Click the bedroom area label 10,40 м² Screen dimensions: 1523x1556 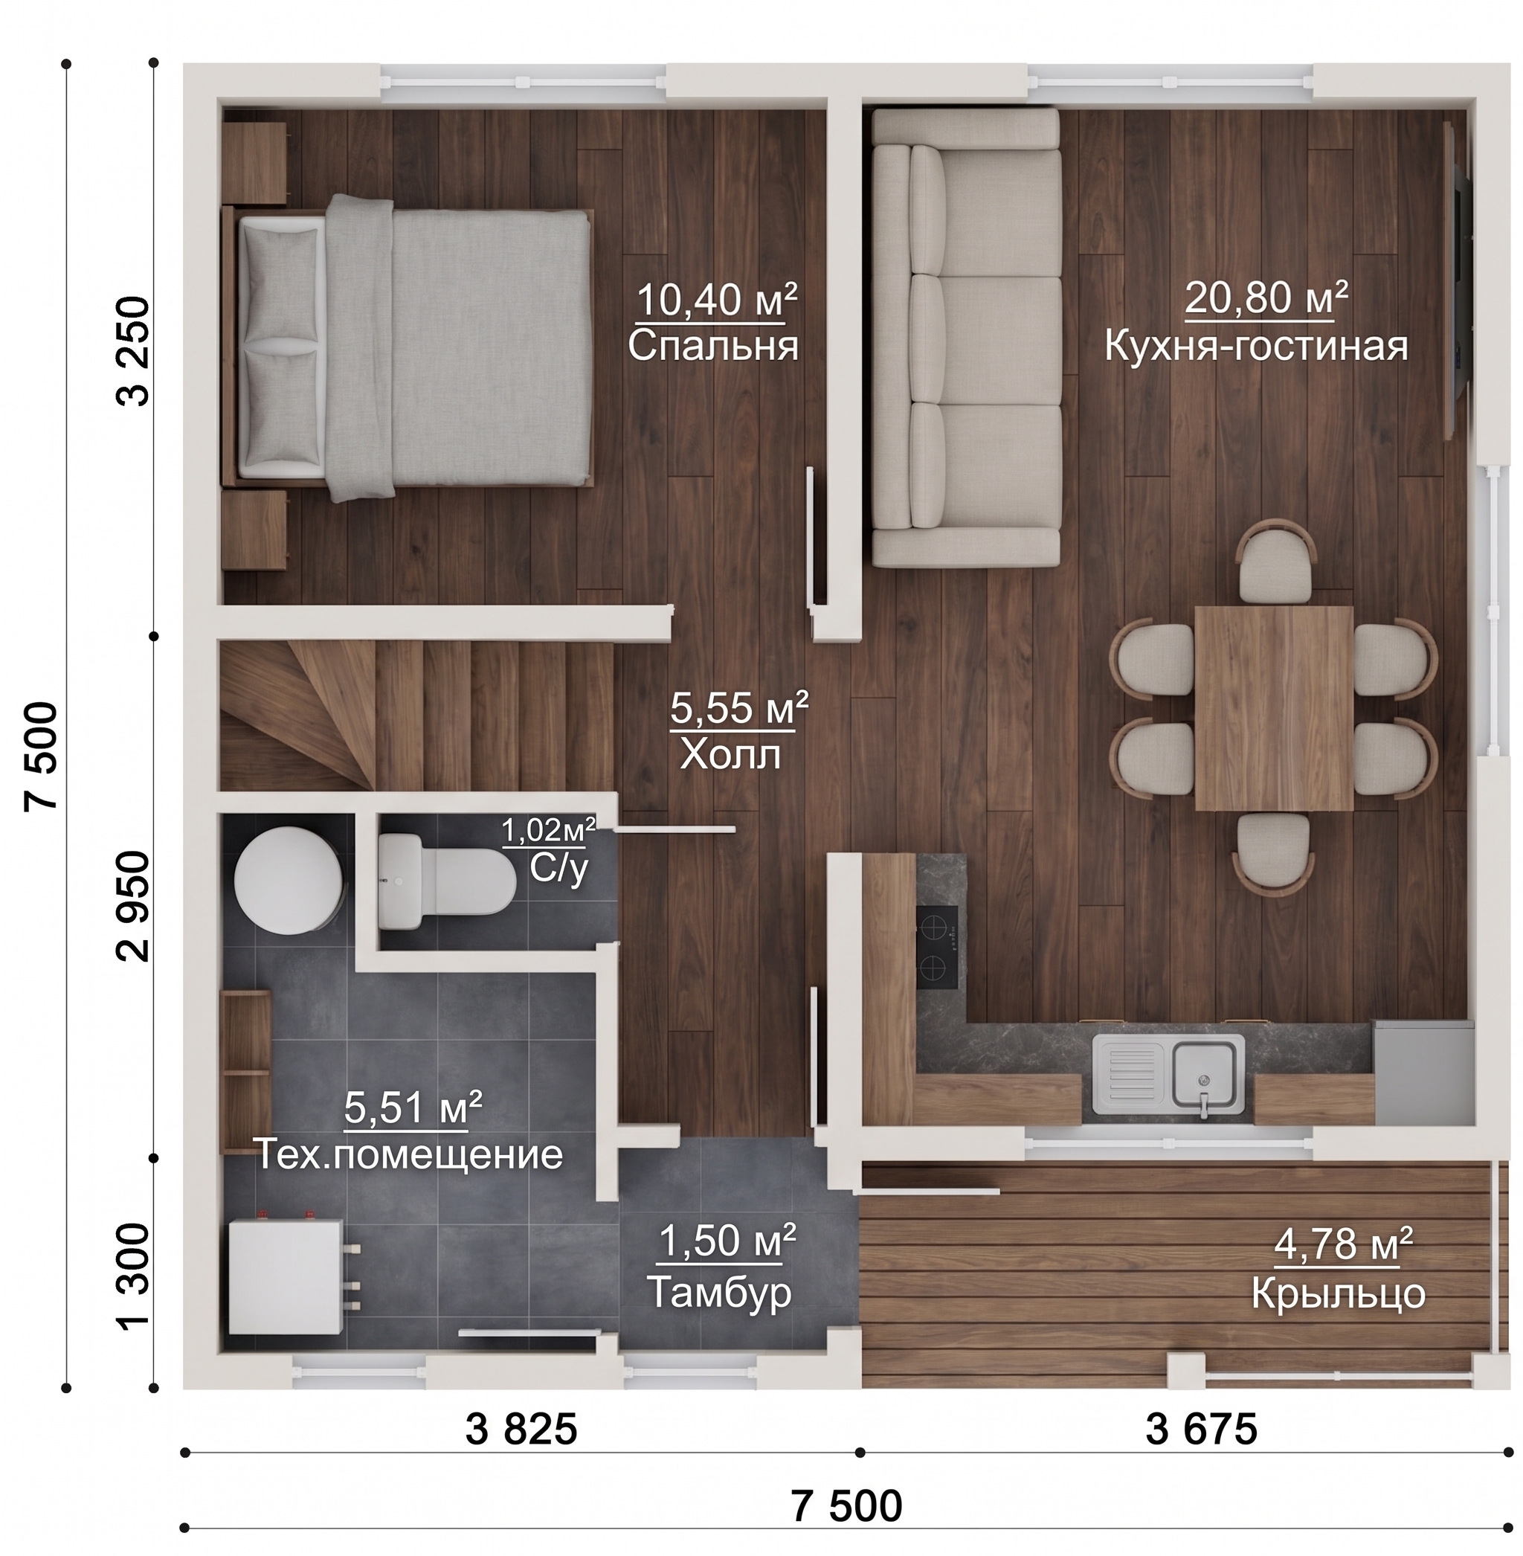[x=717, y=300]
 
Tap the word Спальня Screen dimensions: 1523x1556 [x=712, y=347]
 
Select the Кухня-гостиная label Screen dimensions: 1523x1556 [x=1257, y=347]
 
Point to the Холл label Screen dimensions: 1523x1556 [x=730, y=754]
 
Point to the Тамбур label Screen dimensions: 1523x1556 [x=718, y=1291]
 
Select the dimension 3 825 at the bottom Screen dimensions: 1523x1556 [x=521, y=1429]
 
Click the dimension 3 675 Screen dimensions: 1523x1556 [x=1202, y=1429]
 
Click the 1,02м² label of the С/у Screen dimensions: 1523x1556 [x=548, y=830]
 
